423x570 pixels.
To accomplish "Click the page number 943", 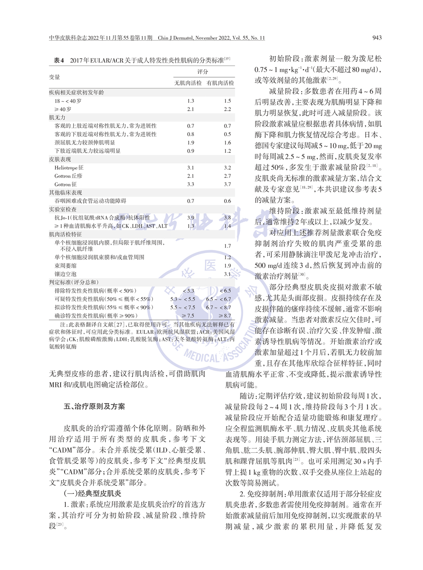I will tap(377, 38).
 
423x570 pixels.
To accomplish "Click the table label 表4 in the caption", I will tap(59, 60).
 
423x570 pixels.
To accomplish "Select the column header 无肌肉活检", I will tap(188, 83).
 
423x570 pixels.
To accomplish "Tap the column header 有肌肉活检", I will tap(220, 83).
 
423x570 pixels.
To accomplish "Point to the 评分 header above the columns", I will tap(203, 72).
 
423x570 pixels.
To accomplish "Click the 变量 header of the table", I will tap(55, 77).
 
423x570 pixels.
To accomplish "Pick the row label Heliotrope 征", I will tap(69, 168).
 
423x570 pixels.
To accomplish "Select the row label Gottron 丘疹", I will tap(68, 176).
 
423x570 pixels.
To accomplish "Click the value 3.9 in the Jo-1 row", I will tap(190, 218).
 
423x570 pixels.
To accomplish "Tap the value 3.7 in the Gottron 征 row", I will tap(227, 184).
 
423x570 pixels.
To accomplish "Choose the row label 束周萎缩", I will tap(65, 266).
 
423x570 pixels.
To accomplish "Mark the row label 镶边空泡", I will tap(65, 274).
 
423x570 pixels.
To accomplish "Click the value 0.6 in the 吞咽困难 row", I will tap(227, 201).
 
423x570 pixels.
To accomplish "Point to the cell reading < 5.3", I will tap(188, 291).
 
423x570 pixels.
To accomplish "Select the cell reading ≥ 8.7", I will tap(225, 316).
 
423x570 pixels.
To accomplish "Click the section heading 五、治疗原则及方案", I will tap(94, 407).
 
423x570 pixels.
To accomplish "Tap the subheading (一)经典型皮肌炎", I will tap(92, 493).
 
